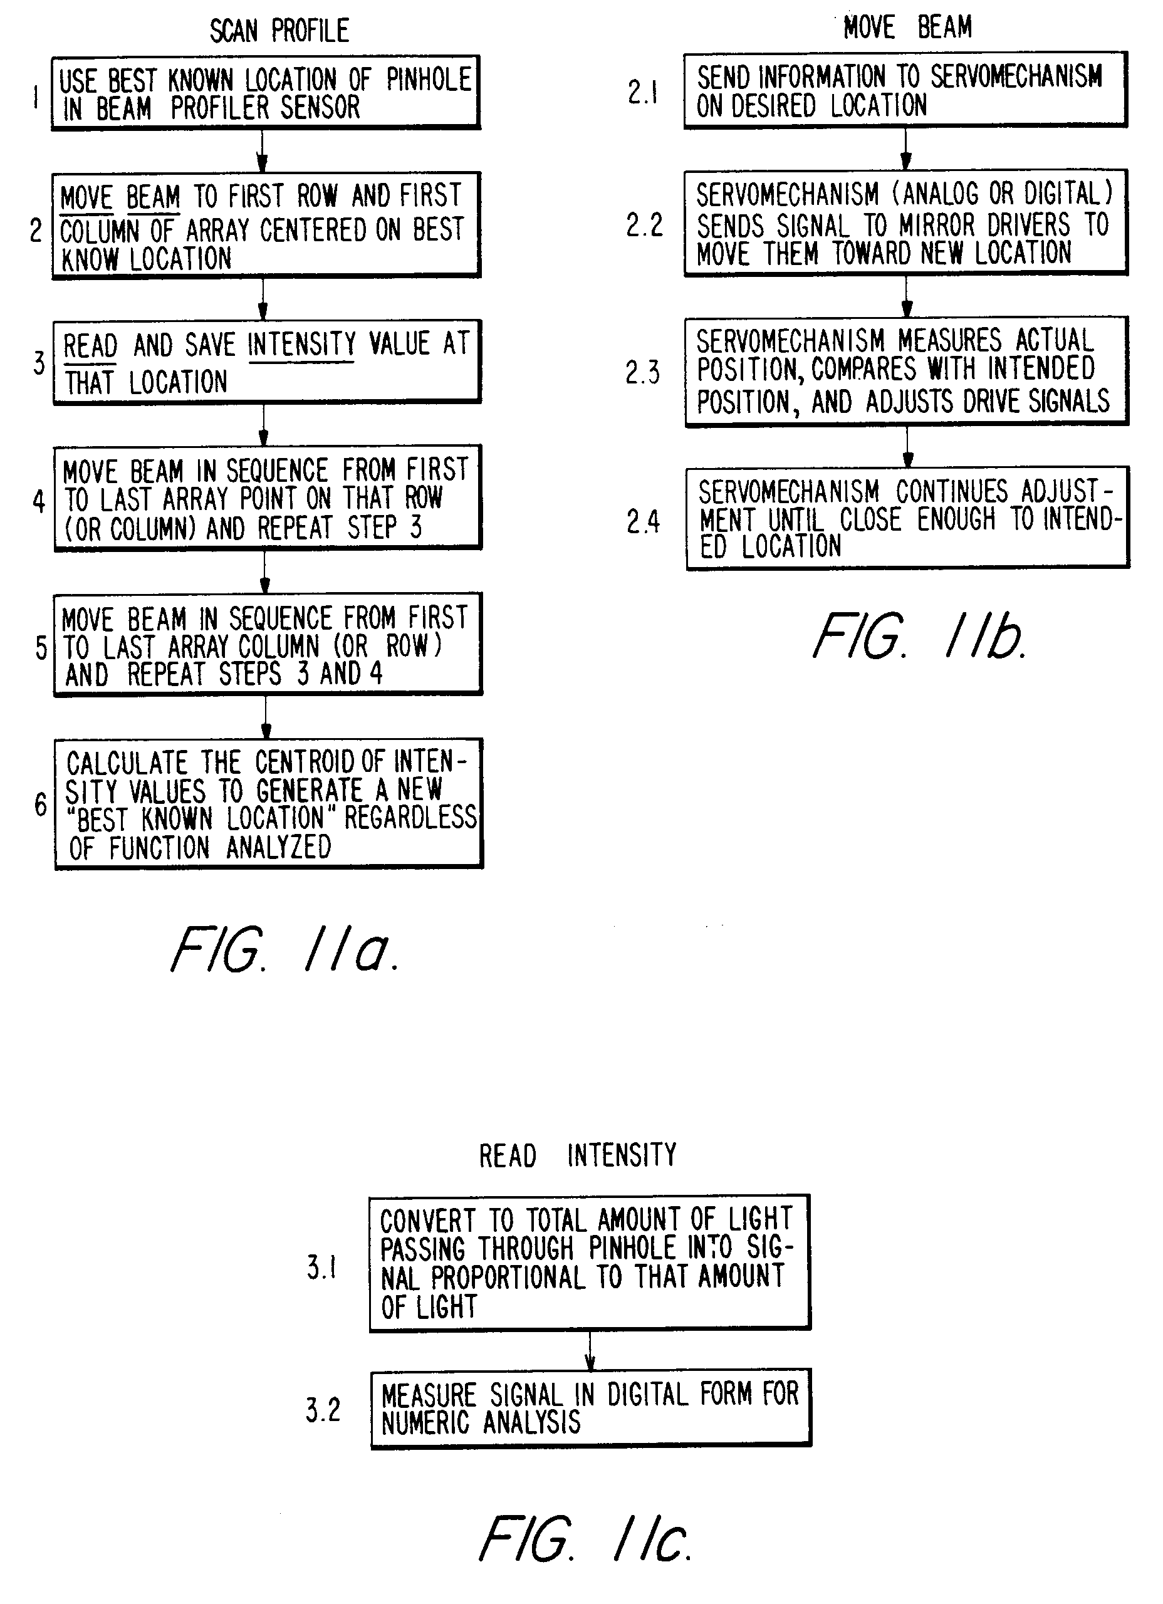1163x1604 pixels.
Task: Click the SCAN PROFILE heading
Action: click(x=279, y=31)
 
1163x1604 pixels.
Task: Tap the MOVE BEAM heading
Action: click(x=907, y=28)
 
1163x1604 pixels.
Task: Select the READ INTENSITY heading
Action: click(x=577, y=1155)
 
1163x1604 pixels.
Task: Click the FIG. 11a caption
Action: click(x=285, y=949)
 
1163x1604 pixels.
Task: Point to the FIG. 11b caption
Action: click(x=919, y=637)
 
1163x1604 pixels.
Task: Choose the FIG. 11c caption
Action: click(x=585, y=1539)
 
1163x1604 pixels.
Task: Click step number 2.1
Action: click(x=642, y=92)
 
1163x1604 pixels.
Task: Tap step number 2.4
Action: click(x=642, y=522)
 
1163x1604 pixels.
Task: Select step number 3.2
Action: click(x=323, y=1410)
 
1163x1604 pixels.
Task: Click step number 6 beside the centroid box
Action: click(x=41, y=804)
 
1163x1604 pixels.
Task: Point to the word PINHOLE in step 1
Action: click(x=429, y=80)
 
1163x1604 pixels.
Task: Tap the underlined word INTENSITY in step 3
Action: click(x=302, y=345)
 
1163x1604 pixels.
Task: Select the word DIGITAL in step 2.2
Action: click(x=1068, y=193)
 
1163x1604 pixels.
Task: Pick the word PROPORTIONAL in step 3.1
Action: click(x=509, y=1278)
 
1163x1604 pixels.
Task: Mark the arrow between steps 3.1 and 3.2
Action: click(x=590, y=1351)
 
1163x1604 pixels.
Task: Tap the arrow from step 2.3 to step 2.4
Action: click(x=907, y=446)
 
